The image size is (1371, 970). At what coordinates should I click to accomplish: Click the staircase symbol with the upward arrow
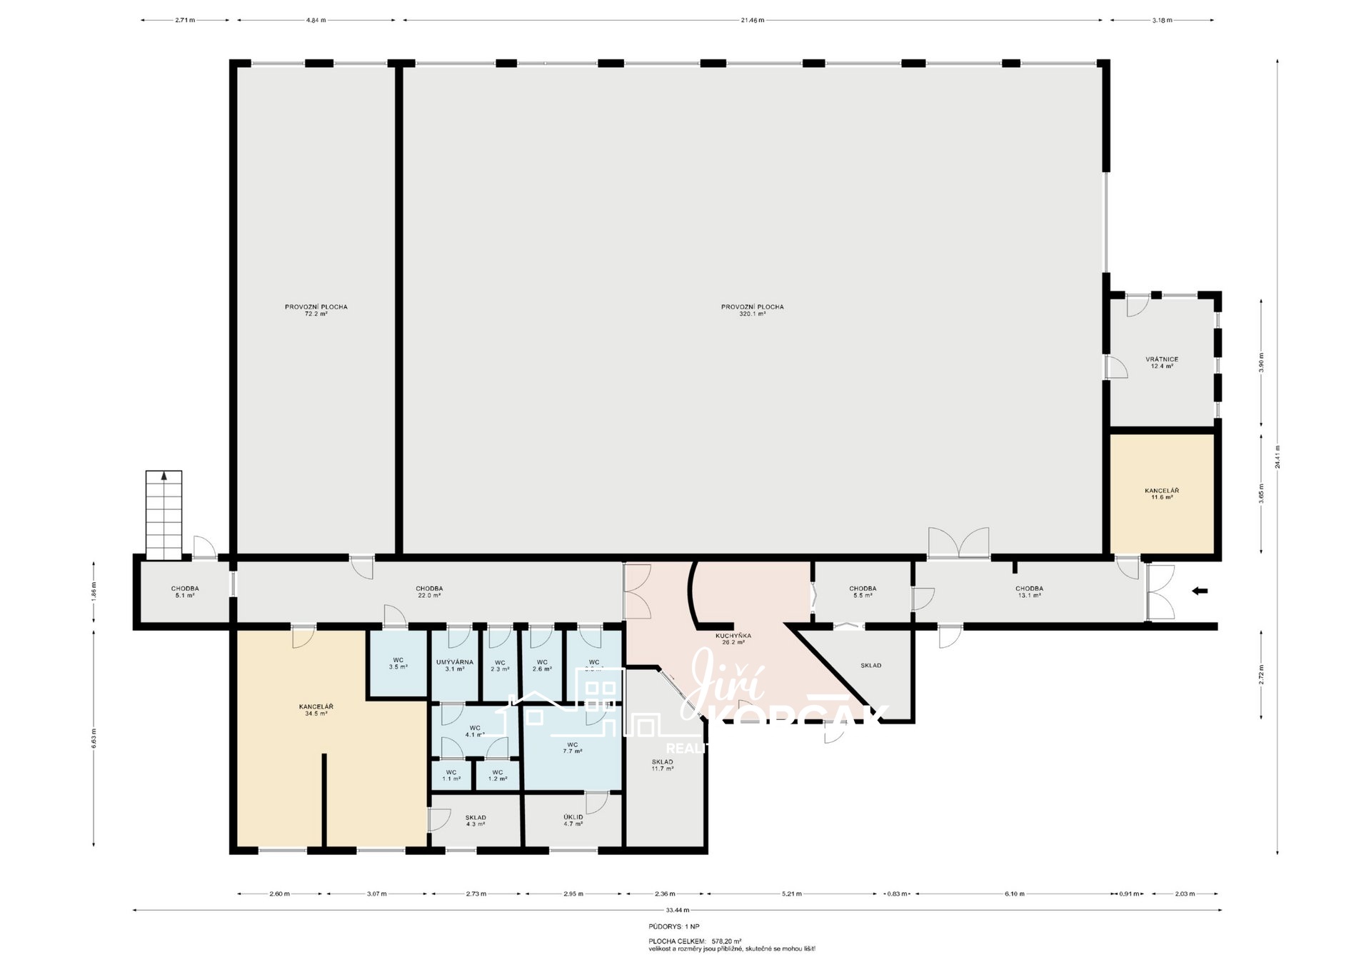tap(164, 514)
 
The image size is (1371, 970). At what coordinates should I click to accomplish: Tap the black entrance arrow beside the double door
tap(1200, 591)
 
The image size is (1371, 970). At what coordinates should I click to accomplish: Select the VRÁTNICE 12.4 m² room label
tap(1161, 363)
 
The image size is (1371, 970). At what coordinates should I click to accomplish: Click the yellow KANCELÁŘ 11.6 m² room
tap(1161, 494)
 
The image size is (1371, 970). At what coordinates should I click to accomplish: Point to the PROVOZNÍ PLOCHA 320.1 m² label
tap(752, 310)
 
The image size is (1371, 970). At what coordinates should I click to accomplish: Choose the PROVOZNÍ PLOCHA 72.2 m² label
tap(316, 310)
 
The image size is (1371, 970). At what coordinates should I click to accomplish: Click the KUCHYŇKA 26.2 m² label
tap(733, 639)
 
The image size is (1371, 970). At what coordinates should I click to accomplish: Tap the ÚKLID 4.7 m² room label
tap(573, 820)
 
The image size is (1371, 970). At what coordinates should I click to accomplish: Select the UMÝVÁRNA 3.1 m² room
tap(454, 665)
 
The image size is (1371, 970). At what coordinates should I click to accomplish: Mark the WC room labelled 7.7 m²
tap(572, 747)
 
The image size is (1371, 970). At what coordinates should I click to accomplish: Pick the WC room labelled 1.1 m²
tap(451, 775)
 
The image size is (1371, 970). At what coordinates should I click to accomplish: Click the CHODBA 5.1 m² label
tap(185, 591)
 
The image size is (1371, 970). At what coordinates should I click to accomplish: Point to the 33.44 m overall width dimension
tap(673, 910)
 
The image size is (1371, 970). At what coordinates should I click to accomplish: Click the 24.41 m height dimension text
tap(1277, 457)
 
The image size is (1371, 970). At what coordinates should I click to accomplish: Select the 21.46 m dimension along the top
tap(752, 20)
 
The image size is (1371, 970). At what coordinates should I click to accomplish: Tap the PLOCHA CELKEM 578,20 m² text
tap(695, 941)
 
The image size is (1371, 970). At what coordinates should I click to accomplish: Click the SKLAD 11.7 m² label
tap(662, 765)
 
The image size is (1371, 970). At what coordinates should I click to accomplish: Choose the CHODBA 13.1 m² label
tap(1029, 591)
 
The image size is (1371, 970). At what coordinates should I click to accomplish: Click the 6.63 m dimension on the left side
tap(94, 738)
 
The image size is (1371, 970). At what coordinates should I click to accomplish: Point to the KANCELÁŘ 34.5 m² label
tap(316, 709)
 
